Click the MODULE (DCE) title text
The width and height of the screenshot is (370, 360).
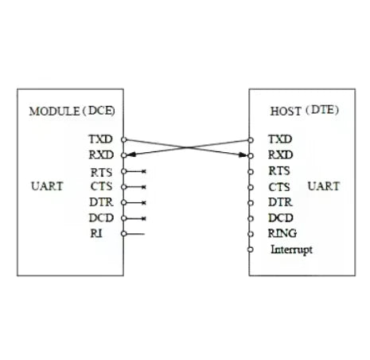[72, 111]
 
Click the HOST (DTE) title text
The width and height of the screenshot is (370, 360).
[305, 111]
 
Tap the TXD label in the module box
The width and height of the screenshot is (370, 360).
[100, 139]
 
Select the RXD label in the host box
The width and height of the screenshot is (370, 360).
[280, 155]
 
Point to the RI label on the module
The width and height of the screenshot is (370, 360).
[96, 233]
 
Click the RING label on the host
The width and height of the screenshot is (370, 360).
[282, 233]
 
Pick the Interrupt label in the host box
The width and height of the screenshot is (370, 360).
[291, 250]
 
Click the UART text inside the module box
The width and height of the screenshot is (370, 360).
[47, 186]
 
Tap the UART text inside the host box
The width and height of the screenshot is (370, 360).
[324, 186]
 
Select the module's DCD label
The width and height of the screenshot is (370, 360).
[101, 218]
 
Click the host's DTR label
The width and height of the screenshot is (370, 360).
[280, 202]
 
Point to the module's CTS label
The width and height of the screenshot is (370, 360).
[101, 186]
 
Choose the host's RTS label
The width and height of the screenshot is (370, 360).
[279, 170]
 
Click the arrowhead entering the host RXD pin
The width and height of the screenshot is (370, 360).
[243, 155]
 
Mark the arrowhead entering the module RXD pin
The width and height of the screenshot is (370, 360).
[131, 155]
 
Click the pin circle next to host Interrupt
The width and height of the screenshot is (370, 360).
[250, 249]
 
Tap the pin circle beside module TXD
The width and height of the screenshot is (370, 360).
[124, 139]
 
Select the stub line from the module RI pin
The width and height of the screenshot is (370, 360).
[135, 234]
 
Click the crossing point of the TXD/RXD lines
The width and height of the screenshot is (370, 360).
[187, 147]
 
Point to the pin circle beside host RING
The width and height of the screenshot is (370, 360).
[250, 234]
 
